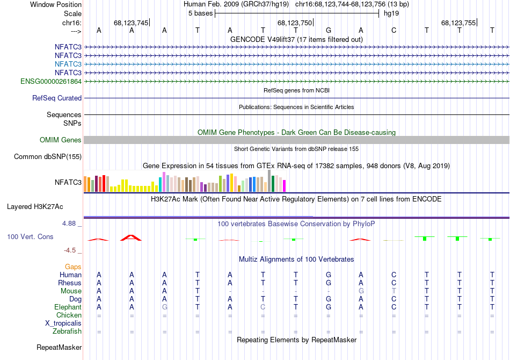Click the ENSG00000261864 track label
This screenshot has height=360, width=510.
51,81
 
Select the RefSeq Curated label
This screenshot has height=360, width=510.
57,98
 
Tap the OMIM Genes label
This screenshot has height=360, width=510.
61,140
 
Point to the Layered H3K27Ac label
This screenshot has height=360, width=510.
35,206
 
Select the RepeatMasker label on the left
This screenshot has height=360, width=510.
59,348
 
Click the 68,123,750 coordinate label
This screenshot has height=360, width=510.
294,23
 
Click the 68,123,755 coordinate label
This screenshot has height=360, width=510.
458,23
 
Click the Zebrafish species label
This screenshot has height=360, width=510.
67,332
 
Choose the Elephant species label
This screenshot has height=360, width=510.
68,307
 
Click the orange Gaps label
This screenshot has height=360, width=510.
73,267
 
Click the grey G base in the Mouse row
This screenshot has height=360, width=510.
361,291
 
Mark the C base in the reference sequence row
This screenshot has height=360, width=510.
394,31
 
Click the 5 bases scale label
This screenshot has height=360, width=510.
200,13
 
